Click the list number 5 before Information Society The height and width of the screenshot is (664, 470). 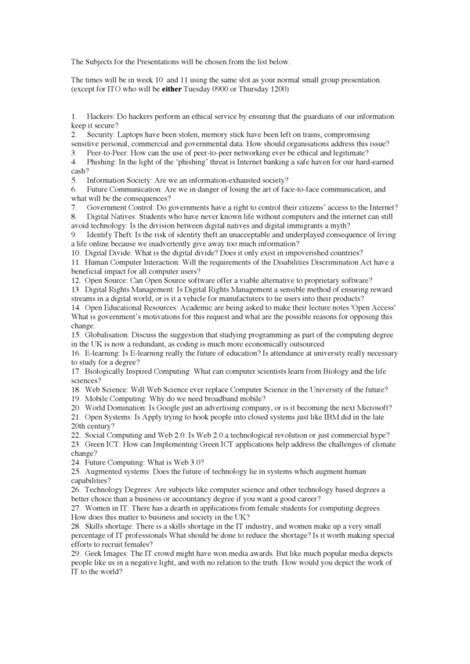(x=73, y=179)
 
